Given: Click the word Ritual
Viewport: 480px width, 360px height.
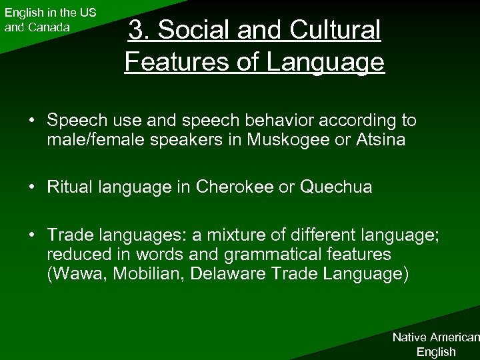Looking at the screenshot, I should pyautogui.click(x=69, y=187).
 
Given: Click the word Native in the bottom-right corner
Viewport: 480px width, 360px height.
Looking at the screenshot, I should pyautogui.click(x=411, y=337).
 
